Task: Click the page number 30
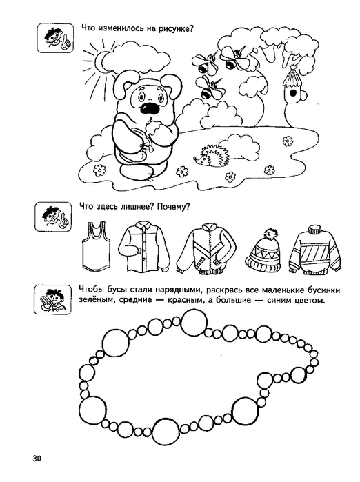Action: click(x=37, y=459)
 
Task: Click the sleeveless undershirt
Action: click(x=95, y=247)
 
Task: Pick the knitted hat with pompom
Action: click(x=264, y=250)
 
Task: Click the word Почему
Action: click(x=173, y=207)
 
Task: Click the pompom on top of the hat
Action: click(x=270, y=234)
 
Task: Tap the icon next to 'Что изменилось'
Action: click(x=55, y=38)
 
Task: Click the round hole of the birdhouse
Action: click(x=292, y=93)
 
